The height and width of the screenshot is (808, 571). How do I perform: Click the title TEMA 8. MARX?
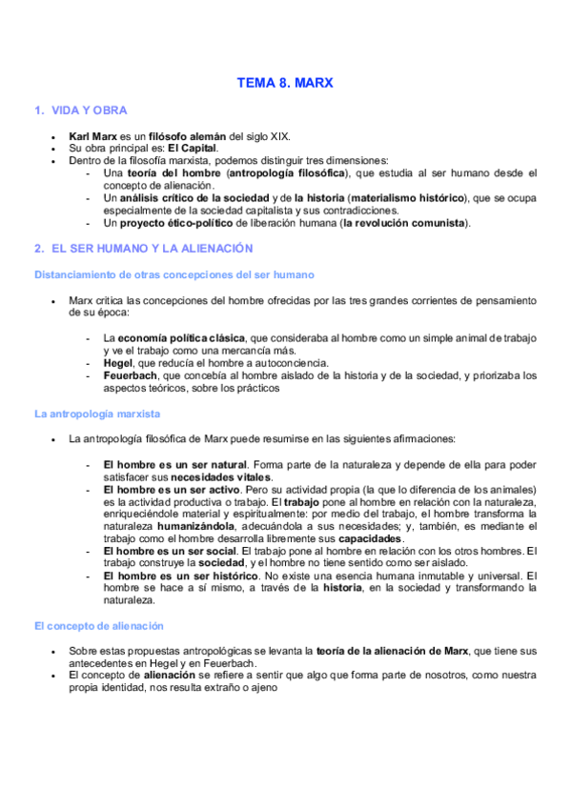coord(285,83)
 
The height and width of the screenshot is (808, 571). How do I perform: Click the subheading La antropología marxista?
coord(97,414)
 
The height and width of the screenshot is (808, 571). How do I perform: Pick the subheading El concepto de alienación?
coord(99,625)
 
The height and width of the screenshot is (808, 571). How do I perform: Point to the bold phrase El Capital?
coord(194,149)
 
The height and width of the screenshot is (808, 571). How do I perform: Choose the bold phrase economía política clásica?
coord(181,337)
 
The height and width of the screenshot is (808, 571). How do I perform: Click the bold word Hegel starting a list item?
coord(118,362)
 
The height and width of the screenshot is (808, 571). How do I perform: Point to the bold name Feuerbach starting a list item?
coord(132,375)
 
